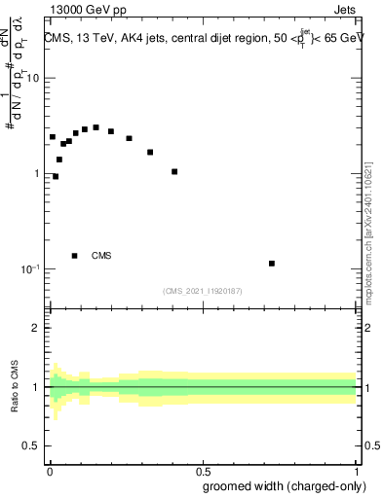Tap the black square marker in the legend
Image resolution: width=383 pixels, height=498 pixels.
[x=75, y=256]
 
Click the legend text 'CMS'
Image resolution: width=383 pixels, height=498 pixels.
[x=101, y=256]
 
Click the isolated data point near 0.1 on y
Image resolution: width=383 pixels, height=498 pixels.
[x=272, y=264]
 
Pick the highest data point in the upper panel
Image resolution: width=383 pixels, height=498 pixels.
[x=96, y=127]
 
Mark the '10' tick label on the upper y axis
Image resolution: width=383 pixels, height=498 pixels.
[x=32, y=79]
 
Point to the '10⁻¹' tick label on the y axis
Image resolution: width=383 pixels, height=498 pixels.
[x=30, y=268]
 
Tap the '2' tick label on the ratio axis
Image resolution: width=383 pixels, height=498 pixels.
[x=36, y=328]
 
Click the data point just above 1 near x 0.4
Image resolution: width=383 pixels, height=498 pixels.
[x=174, y=171]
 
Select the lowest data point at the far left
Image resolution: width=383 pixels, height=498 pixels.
[x=56, y=176]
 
